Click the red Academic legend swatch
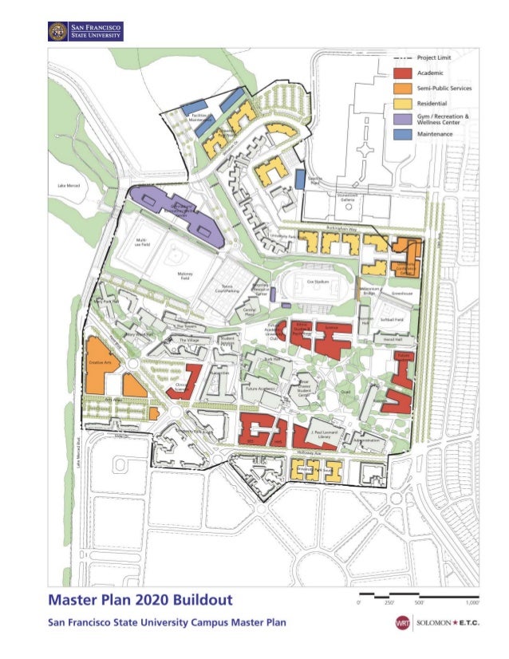[x=405, y=73]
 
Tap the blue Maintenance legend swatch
[x=405, y=134]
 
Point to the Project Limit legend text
[x=436, y=58]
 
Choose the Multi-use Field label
[x=142, y=241]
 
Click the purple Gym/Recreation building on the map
[x=180, y=212]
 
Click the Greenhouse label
[x=401, y=294]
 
